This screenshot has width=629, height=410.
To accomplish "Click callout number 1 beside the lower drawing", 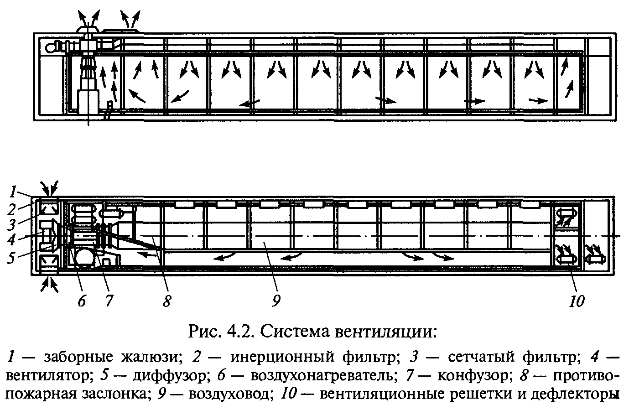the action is point(13,192).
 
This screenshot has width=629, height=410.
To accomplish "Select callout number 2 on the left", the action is point(11,209).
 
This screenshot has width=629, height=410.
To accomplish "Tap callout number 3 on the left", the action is point(11,225).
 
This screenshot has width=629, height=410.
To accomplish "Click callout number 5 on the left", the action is point(11,257).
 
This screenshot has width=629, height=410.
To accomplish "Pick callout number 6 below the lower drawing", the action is point(82,301).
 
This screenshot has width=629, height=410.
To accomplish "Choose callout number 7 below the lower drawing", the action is point(109,301).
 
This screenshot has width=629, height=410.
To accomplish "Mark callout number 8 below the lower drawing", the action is point(167,301).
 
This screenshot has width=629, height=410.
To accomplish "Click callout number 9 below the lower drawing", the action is point(276,301).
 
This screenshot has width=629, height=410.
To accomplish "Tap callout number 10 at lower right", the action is point(577,301).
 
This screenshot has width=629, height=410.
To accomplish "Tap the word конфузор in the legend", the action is point(473,376).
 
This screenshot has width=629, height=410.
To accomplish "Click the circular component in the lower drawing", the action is point(84,258).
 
